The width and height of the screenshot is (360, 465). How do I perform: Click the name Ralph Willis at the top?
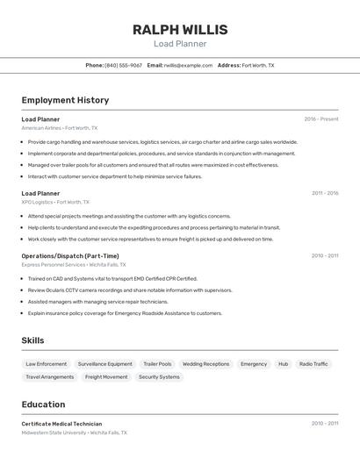click(180, 30)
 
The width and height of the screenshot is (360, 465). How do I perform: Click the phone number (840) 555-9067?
click(123, 66)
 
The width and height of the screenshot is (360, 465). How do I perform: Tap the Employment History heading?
click(65, 100)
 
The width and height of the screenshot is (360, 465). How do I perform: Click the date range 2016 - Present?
click(321, 119)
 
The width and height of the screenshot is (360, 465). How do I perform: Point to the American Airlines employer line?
click(60, 128)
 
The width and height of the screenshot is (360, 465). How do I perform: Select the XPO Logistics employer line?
click(55, 202)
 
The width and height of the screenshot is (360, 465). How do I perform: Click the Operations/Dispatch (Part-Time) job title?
click(69, 256)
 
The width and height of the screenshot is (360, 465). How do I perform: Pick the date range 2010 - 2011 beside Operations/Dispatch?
click(325, 256)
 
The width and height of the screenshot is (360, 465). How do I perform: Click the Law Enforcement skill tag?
click(47, 364)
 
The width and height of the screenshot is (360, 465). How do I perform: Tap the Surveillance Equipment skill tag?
click(104, 364)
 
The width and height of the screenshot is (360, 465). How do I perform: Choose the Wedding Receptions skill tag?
click(205, 364)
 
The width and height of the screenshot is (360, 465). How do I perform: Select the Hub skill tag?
click(283, 364)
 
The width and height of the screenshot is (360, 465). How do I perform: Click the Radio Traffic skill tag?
click(313, 364)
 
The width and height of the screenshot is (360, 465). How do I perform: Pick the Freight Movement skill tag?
click(106, 377)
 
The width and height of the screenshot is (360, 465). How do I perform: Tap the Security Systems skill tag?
click(159, 377)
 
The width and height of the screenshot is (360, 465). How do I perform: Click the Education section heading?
click(43, 404)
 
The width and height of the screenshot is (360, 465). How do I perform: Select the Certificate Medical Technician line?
click(61, 424)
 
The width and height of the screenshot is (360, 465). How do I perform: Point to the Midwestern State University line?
click(74, 433)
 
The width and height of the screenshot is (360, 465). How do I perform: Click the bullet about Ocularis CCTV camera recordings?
click(130, 290)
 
